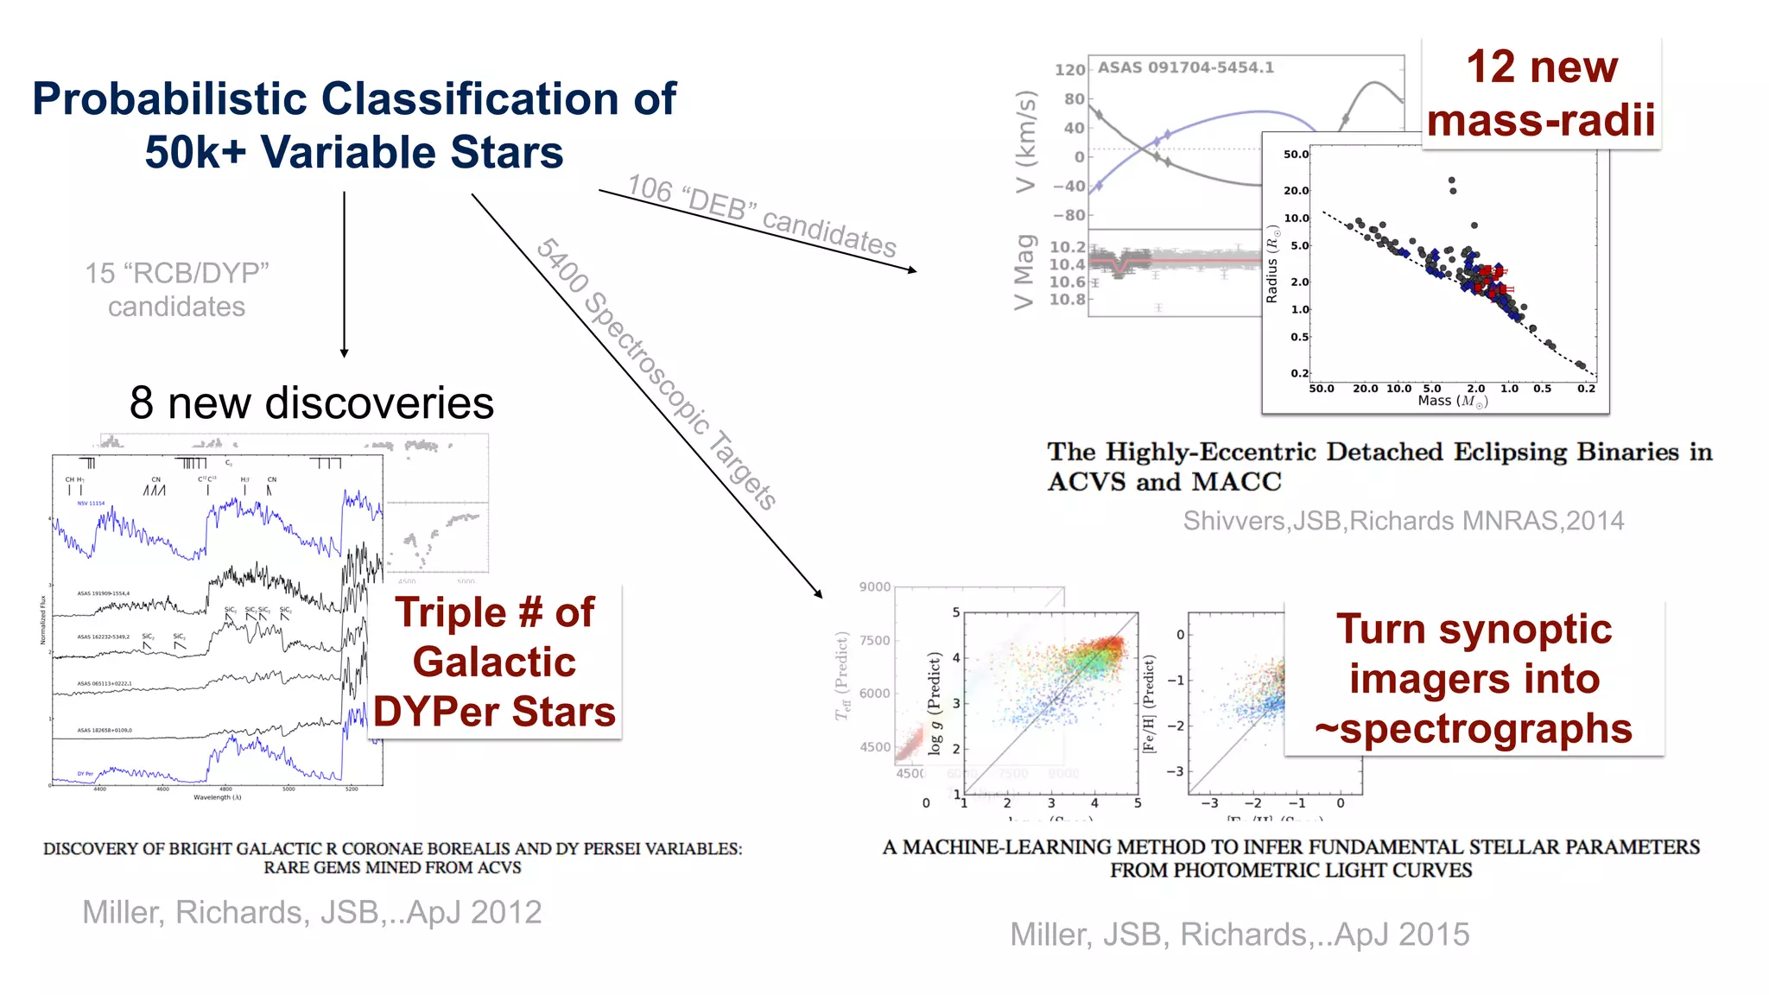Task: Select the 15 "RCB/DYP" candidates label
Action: point(177,289)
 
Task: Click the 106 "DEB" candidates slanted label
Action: point(761,215)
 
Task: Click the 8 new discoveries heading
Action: point(311,403)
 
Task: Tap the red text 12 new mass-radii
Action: point(1541,93)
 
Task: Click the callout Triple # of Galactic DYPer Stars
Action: point(494,662)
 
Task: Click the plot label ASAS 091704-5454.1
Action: point(1185,67)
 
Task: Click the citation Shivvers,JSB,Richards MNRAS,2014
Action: point(1403,521)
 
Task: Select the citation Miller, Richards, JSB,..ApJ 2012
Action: point(312,912)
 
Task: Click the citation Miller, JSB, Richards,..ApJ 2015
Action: point(1240,935)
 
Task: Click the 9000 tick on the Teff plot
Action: point(874,587)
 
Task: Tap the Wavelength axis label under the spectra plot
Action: point(218,798)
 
